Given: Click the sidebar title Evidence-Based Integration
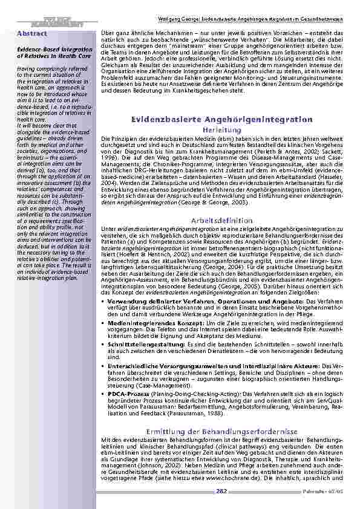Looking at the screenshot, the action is click(50, 48).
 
